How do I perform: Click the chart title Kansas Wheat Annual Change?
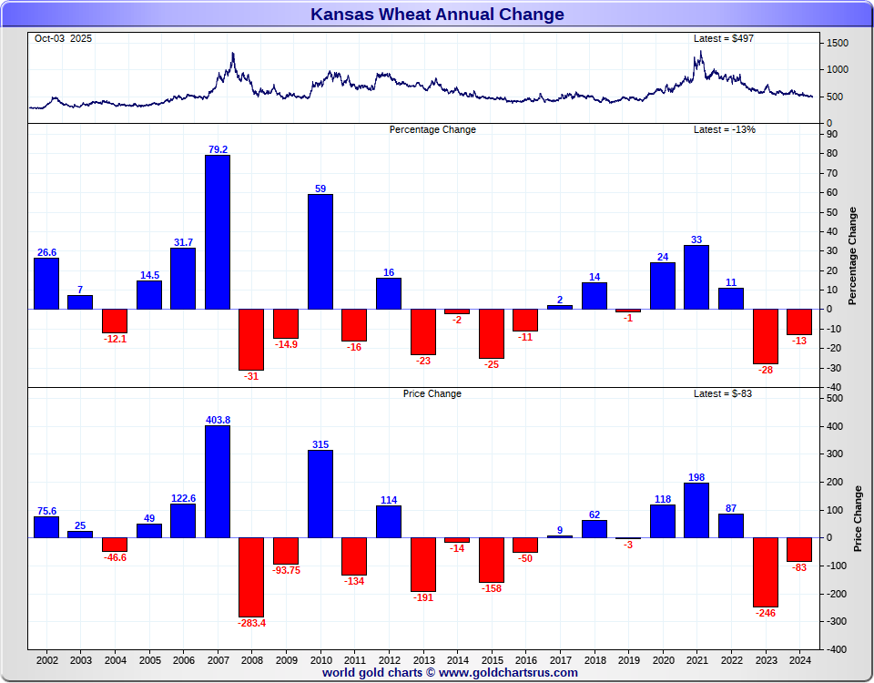pyautogui.click(x=437, y=14)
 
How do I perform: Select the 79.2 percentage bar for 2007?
pyautogui.click(x=218, y=231)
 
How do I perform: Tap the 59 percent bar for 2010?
pyautogui.click(x=320, y=251)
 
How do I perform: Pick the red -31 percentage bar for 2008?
pyautogui.click(x=251, y=339)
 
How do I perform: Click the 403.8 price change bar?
pyautogui.click(x=218, y=481)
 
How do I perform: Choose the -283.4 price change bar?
pyautogui.click(x=251, y=576)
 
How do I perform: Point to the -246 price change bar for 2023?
pyautogui.click(x=765, y=572)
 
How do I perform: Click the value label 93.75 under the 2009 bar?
pyautogui.click(x=286, y=571)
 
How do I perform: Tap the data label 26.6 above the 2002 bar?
pyautogui.click(x=46, y=252)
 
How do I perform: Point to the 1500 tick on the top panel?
pyautogui.click(x=838, y=44)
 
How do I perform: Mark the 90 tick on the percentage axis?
pyautogui.click(x=832, y=134)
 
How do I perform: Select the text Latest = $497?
pyautogui.click(x=724, y=38)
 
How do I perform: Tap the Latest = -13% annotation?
pyautogui.click(x=725, y=129)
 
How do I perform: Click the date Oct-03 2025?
pyautogui.click(x=63, y=38)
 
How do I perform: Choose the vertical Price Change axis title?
pyautogui.click(x=858, y=518)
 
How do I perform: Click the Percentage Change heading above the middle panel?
pyautogui.click(x=432, y=129)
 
